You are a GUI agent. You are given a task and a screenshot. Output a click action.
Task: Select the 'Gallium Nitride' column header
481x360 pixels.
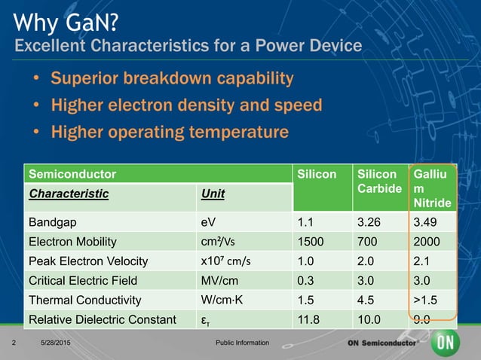pyautogui.click(x=431, y=188)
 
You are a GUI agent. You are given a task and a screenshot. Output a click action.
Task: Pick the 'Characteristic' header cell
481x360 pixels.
pyautogui.click(x=69, y=194)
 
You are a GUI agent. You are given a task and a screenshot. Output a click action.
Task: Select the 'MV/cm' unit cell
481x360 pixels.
pyautogui.click(x=218, y=280)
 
